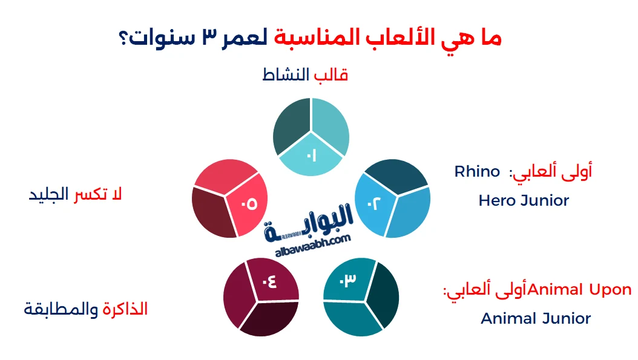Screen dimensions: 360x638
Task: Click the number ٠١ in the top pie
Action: pos(311,156)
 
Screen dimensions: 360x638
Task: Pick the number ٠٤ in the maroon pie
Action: pos(269,281)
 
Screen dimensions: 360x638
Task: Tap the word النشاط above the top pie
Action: pos(286,76)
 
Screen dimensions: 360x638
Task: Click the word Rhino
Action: pos(477,171)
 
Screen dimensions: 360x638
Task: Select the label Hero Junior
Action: pos(524,200)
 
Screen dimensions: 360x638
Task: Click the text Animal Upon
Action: pos(580,290)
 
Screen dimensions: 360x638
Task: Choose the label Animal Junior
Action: pos(536,318)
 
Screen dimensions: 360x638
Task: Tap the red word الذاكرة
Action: pos(125,309)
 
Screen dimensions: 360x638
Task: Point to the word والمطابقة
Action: pos(62,309)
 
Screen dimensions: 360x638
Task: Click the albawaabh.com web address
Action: pos(312,240)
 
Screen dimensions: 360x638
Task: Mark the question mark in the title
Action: pos(125,38)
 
